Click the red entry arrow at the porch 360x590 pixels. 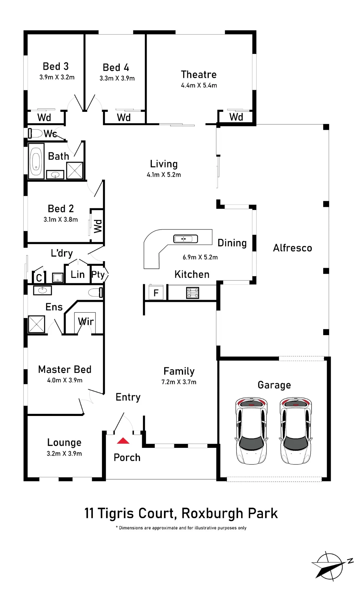tap(123, 441)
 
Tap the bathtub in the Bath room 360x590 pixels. tap(36, 161)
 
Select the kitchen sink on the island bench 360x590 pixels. tap(185, 239)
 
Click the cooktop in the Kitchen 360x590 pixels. tap(193, 293)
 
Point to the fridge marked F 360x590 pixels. tap(156, 293)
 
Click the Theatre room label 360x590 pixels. tap(199, 74)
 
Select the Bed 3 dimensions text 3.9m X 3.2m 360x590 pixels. tap(57, 77)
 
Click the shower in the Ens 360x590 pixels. tap(37, 324)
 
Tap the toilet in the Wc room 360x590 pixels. tap(35, 133)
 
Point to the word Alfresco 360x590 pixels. tap(292, 248)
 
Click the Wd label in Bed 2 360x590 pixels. tap(98, 226)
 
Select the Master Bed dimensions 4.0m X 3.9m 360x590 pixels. tap(65, 380)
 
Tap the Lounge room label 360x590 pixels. tap(64, 442)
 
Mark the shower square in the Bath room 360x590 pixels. tap(75, 171)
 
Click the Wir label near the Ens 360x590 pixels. tap(86, 321)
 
